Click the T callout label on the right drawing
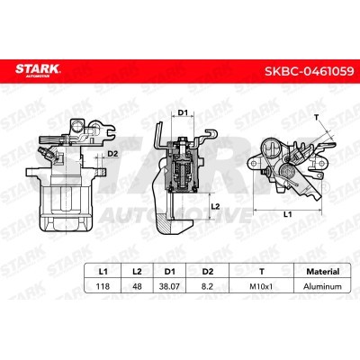[x=317, y=117]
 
